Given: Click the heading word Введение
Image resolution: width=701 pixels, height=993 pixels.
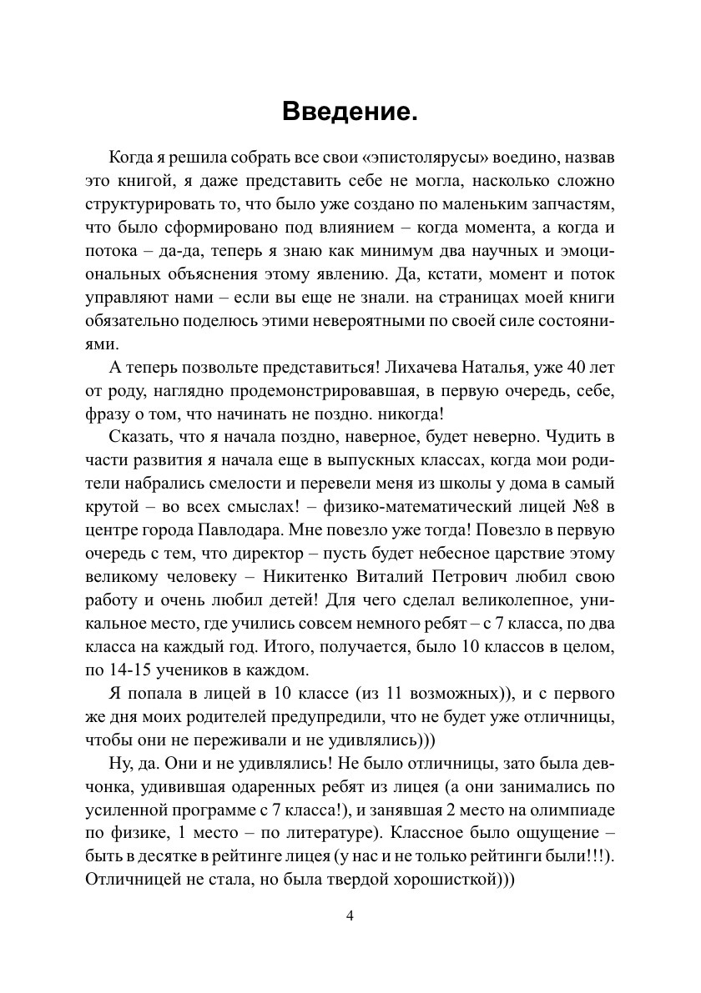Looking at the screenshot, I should coord(350,110).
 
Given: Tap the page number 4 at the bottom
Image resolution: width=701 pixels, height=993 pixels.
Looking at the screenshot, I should coord(350,916).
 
